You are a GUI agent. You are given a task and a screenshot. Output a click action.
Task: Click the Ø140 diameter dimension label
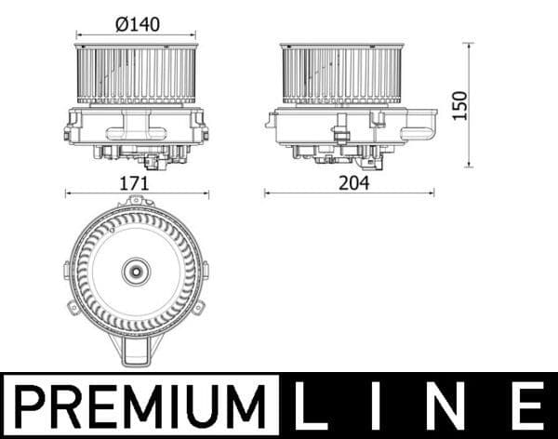135,25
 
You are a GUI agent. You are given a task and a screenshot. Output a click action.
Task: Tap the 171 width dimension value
135,183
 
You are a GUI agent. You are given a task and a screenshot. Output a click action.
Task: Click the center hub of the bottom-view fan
135,273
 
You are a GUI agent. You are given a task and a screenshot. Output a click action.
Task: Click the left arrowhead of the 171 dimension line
68,193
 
